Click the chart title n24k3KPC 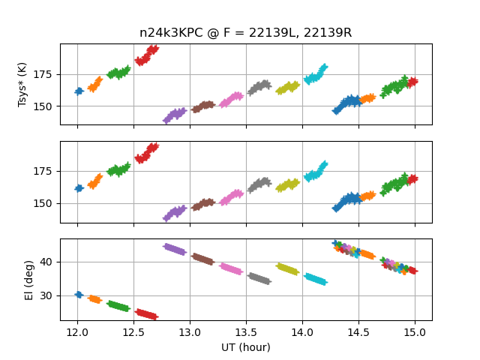[245, 33]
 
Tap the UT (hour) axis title [245, 347]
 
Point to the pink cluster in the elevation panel [231, 268]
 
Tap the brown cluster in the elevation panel [202, 259]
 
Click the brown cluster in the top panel [202, 106]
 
